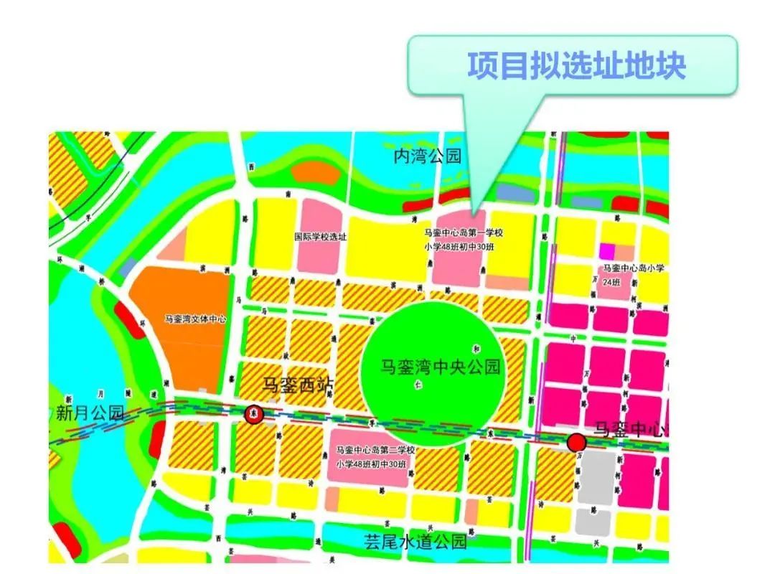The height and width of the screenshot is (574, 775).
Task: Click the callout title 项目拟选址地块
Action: pos(577,65)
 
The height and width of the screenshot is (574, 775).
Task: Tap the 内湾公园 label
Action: pos(427,156)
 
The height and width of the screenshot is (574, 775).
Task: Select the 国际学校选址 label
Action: pos(321,237)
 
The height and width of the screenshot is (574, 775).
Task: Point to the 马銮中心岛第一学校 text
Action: pos(463,233)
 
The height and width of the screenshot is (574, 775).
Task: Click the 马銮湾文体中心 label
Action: pos(195,319)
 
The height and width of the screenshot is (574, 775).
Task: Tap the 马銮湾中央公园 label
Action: pos(440,368)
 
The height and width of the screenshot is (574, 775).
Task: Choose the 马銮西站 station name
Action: pos(299,385)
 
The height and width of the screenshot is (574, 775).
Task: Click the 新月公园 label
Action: pos(90,413)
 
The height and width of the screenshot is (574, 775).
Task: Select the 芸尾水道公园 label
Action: pos(415,540)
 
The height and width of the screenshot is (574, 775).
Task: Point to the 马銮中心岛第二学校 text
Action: pos(375,450)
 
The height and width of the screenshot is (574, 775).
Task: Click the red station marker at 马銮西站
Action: pos(253,414)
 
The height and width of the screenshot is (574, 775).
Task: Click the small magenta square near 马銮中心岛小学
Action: pos(608,251)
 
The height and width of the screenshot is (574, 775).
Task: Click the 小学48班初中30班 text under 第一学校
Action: pos(463,248)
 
